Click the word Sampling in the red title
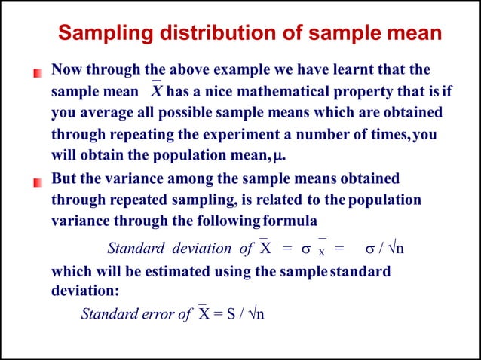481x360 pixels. (100, 34)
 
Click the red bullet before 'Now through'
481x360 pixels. (36, 73)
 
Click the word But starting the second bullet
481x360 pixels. (65, 179)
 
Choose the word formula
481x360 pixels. (289, 222)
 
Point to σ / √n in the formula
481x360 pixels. (385, 249)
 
